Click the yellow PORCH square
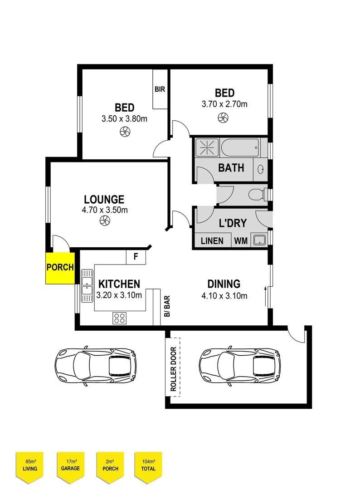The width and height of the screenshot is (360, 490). click(x=60, y=268)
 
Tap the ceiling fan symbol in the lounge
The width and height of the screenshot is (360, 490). click(x=105, y=221)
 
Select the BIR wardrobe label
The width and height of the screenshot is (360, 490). click(x=160, y=89)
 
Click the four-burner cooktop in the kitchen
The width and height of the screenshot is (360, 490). click(x=119, y=318)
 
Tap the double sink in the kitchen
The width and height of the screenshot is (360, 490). click(x=87, y=286)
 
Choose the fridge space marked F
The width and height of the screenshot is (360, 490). click(x=136, y=257)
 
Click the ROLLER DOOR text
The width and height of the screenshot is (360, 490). click(x=173, y=369)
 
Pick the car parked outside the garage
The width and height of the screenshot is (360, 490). click(x=95, y=367)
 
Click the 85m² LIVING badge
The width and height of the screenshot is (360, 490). click(x=30, y=465)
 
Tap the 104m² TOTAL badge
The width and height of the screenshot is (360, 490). click(x=148, y=465)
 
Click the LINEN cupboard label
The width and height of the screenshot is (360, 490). click(x=212, y=240)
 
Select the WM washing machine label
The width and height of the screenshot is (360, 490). click(x=241, y=240)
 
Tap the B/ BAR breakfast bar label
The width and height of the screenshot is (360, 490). click(x=166, y=307)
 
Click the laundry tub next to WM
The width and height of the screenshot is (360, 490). click(x=259, y=240)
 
